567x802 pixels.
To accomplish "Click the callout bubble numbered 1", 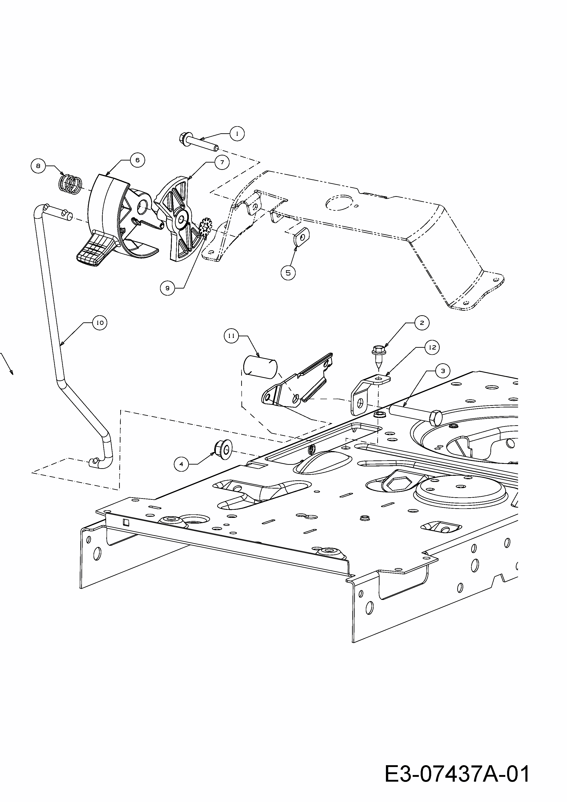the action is click(x=237, y=134).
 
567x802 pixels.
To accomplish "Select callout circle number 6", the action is click(x=137, y=160).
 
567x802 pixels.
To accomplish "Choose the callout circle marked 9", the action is click(x=167, y=288).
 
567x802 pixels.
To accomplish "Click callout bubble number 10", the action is click(x=100, y=323).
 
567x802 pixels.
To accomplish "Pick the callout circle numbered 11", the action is click(x=231, y=336).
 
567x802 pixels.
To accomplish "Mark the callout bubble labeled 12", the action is click(x=433, y=348).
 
